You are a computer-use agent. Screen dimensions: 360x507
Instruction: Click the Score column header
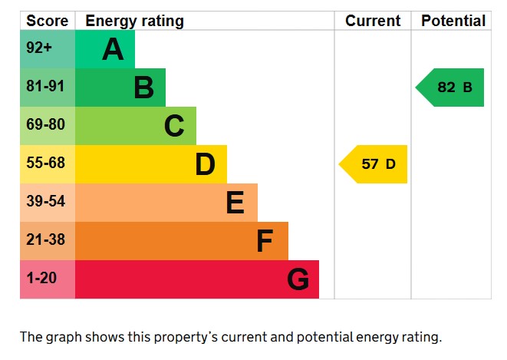coord(47,21)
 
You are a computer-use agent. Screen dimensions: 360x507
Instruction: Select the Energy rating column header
coord(134,21)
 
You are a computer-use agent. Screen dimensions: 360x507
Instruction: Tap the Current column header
coord(373,21)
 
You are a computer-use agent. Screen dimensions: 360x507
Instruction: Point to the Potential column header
coord(453,21)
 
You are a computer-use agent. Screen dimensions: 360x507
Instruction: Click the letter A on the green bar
coord(113,50)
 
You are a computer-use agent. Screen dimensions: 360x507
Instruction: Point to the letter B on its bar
coord(143,88)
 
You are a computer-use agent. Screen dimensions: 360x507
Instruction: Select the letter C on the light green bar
coord(174,126)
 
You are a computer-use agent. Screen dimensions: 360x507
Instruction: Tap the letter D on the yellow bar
coord(205,164)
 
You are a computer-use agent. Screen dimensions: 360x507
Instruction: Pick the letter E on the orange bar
coord(235,203)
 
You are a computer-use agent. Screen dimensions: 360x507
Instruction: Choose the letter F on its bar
coord(265,241)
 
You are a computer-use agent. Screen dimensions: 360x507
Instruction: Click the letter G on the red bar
coord(298,279)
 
